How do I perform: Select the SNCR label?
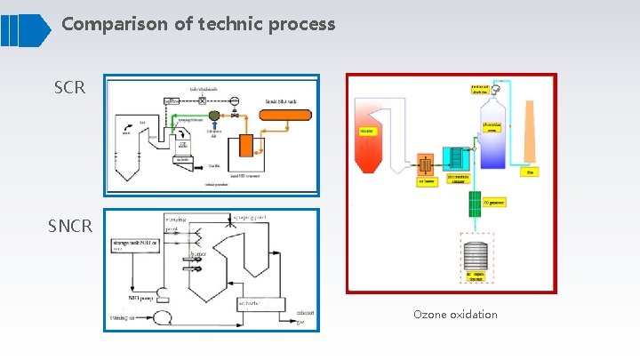(71, 226)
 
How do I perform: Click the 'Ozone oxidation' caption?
(455, 315)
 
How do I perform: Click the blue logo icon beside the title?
(26, 29)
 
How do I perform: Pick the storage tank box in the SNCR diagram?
(135, 244)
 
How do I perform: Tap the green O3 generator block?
(474, 204)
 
